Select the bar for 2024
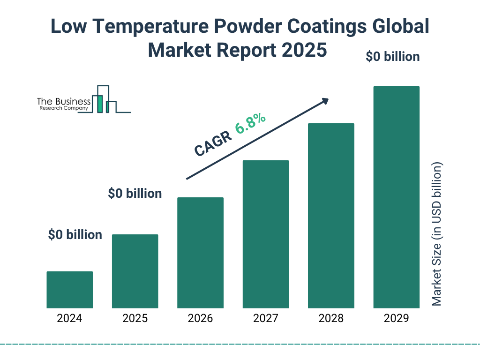coord(70,290)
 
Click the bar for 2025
coord(135,271)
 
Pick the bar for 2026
coord(200,253)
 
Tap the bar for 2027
coord(265,234)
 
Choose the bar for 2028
coord(331,216)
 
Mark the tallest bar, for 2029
coord(396,197)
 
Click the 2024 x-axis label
coord(70,319)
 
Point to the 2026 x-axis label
coord(200,319)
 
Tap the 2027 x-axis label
coord(265,319)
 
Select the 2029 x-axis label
coord(396,319)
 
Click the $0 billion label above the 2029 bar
coord(392,57)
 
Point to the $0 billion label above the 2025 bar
coord(135,193)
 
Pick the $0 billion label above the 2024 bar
coord(75,235)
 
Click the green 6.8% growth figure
coord(251,123)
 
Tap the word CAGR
coord(213,143)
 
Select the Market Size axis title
coord(437,234)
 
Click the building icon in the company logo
coord(104,99)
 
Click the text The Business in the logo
coord(64,102)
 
